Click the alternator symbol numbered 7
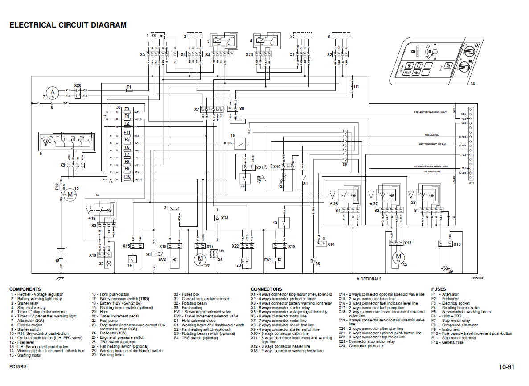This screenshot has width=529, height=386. click(53, 93)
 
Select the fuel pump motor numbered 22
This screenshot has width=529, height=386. click(201, 258)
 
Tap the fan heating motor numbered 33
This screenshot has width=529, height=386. click(398, 256)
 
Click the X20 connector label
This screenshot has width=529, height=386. click(78, 85)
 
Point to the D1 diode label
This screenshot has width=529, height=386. click(356, 86)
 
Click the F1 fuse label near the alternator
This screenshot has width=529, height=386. click(129, 86)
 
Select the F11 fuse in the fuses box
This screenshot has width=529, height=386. click(127, 133)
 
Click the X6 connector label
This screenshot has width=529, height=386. click(344, 164)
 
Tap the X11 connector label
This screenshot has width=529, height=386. click(472, 183)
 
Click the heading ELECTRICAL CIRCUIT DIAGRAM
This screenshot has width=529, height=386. click(68, 25)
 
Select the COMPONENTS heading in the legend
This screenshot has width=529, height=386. click(25, 289)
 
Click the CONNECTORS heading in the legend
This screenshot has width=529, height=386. click(266, 289)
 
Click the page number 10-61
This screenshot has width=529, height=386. click(506, 367)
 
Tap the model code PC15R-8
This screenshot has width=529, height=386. click(18, 366)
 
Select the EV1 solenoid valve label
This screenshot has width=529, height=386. click(267, 260)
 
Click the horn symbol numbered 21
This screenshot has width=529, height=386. click(174, 209)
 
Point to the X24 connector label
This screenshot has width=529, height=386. click(224, 218)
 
